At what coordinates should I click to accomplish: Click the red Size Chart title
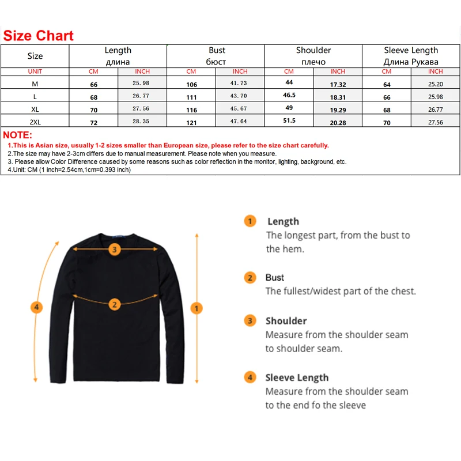(x=39, y=35)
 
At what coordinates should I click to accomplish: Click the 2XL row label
(x=35, y=122)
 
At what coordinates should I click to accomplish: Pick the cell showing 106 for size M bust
(x=191, y=85)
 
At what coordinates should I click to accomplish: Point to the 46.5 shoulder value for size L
(x=289, y=95)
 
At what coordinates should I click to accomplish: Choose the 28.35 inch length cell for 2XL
(x=142, y=122)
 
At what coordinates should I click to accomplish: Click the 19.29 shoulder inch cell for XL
(x=338, y=109)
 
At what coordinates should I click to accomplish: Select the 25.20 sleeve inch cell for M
(x=435, y=84)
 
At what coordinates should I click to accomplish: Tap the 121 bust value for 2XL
(x=191, y=123)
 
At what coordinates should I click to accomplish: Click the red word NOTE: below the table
(x=18, y=135)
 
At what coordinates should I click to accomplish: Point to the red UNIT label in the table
(x=35, y=71)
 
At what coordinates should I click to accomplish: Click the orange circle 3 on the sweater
(x=115, y=250)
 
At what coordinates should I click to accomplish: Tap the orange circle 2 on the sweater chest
(x=115, y=304)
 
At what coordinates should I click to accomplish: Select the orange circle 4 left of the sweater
(x=36, y=308)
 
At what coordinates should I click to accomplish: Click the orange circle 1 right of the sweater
(x=197, y=308)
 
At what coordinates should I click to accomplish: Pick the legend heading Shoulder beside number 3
(x=286, y=321)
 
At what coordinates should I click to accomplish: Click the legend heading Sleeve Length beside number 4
(x=297, y=377)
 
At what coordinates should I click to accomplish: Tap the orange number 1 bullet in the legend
(x=250, y=221)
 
